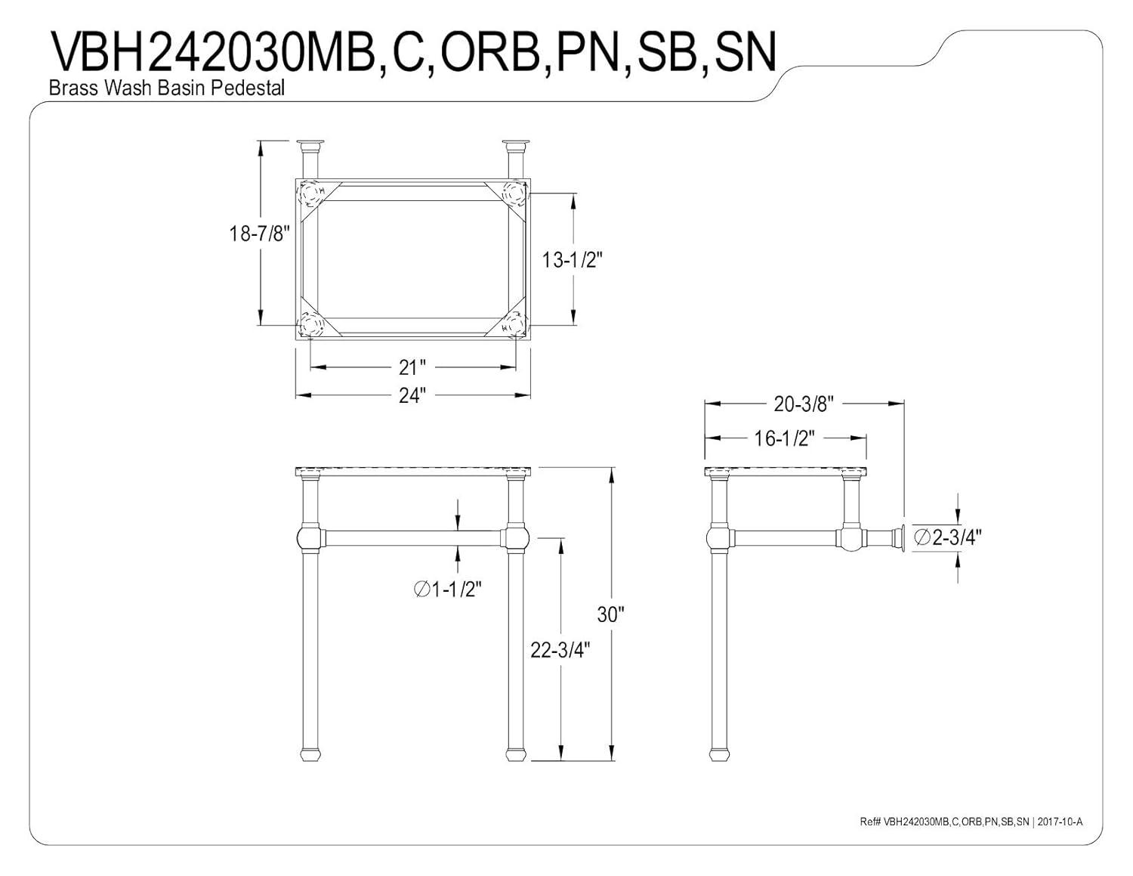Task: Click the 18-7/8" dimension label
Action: tap(260, 234)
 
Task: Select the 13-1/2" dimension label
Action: tap(572, 260)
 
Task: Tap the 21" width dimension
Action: tap(412, 367)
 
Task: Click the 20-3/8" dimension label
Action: tap(803, 404)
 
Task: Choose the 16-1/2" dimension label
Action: tap(784, 438)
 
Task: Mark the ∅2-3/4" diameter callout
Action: tap(947, 537)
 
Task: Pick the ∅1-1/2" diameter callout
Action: tap(448, 590)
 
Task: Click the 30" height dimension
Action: tap(608, 614)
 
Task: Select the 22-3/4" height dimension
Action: tap(560, 649)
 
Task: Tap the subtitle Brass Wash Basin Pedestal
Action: tap(167, 88)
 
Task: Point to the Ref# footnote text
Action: tap(971, 822)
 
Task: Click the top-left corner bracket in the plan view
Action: tap(311, 193)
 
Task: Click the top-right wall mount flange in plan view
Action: tap(516, 144)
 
